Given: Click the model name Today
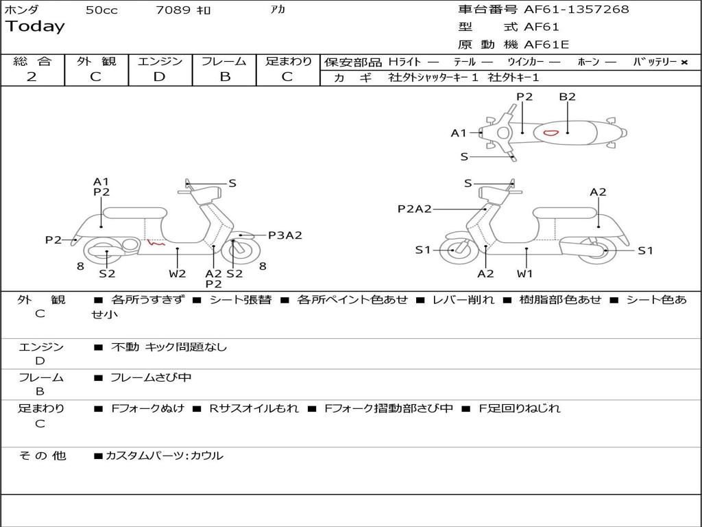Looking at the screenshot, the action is [x=35, y=27].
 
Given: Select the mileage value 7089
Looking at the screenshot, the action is [x=173, y=10].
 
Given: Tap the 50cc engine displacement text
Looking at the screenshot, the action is [x=101, y=10].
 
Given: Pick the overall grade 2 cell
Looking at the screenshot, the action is [x=32, y=77].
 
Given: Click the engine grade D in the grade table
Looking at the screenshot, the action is [x=159, y=77].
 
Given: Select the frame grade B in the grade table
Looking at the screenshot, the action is [x=225, y=77].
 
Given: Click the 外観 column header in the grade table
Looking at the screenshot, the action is [x=96, y=62].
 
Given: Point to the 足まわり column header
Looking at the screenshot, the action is [x=289, y=62].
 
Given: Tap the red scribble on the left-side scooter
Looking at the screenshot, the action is [x=157, y=242].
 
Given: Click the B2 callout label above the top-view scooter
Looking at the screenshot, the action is [x=567, y=97].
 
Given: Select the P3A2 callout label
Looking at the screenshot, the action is [x=285, y=235].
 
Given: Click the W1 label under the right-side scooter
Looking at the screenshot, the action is [x=526, y=273].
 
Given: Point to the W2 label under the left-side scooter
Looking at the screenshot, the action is [x=178, y=273].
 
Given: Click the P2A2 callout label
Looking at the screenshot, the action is [x=415, y=209].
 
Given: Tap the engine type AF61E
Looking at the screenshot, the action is [x=546, y=45].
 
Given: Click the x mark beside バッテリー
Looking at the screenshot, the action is [x=683, y=62].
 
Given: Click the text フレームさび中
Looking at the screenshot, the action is [x=151, y=377].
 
